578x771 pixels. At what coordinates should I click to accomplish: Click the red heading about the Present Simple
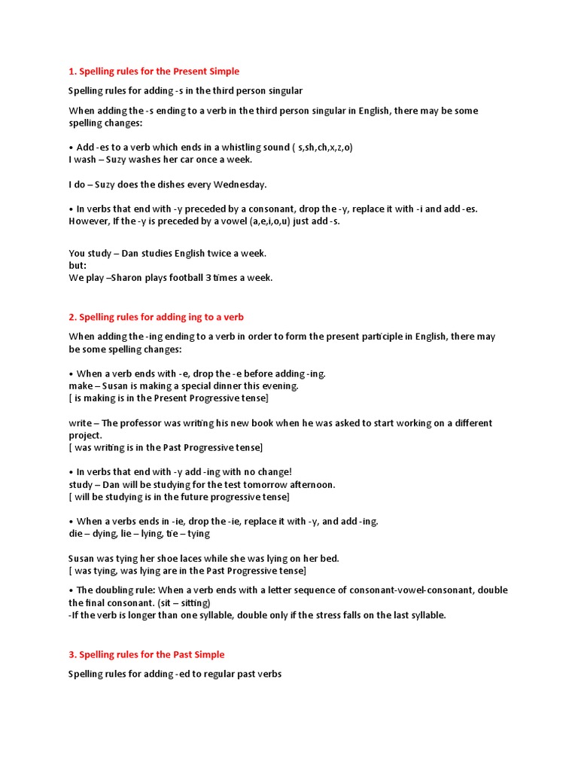(154, 72)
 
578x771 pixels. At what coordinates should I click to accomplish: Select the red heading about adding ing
(156, 317)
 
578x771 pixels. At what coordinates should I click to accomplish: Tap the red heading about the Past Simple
(146, 654)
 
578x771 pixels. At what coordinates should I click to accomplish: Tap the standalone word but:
(78, 266)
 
